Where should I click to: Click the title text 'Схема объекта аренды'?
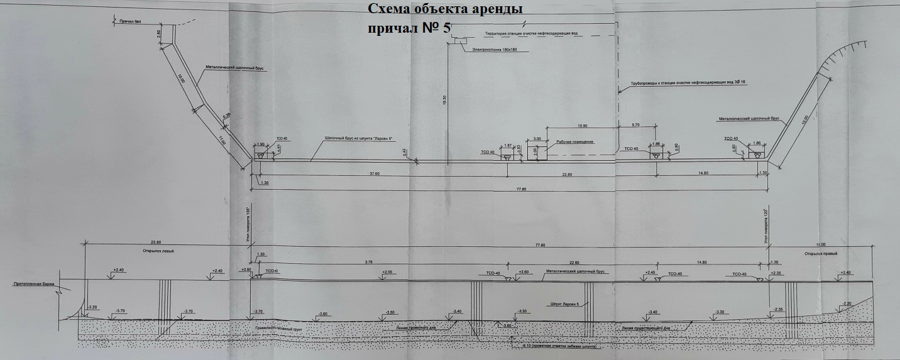(444, 10)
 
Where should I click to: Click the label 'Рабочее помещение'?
(573, 142)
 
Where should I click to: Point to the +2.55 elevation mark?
(387, 272)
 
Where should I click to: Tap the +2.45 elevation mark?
(650, 273)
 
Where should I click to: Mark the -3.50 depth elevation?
(390, 312)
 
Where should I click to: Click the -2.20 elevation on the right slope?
(847, 304)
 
